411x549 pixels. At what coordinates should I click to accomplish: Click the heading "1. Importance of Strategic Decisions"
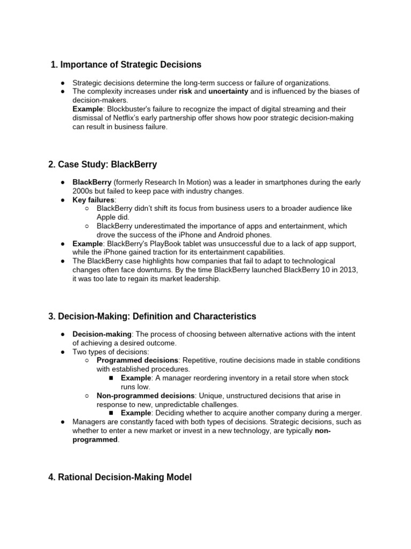126,65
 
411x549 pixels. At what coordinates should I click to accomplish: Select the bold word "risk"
185,92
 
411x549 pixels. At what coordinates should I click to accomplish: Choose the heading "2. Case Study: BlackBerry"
102,164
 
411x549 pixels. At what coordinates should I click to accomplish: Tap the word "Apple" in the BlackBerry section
106,217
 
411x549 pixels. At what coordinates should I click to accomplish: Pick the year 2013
346,270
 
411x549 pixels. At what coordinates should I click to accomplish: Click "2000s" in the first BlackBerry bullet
83,191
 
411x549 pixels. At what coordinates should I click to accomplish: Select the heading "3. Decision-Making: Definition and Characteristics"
152,316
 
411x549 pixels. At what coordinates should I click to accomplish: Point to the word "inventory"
252,378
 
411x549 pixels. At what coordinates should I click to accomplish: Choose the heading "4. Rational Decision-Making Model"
120,477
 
